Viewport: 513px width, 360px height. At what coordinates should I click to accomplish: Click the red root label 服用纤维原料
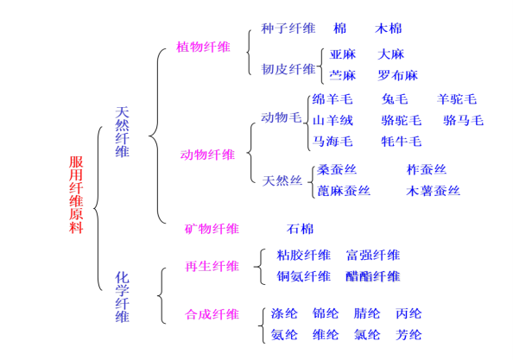tap(76, 194)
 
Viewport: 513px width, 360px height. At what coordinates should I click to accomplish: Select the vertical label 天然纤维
tap(122, 132)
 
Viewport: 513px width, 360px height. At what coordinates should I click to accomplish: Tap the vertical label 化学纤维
tap(122, 297)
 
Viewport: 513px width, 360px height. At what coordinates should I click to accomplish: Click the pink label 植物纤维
tap(203, 47)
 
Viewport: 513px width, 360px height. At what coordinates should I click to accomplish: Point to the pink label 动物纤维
tap(207, 155)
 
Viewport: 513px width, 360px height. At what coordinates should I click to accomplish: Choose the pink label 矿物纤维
tap(212, 229)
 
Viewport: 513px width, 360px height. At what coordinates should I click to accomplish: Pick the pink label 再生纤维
tap(212, 267)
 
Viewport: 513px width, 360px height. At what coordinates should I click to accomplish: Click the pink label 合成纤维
tap(212, 314)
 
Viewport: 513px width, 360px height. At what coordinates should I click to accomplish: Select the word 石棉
tap(300, 229)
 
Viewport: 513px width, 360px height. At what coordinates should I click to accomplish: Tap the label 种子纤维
tap(288, 28)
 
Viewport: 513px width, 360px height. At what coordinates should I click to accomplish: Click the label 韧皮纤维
tap(288, 69)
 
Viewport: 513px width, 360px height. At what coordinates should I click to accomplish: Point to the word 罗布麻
tap(397, 75)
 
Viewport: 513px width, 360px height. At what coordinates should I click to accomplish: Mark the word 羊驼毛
tap(457, 99)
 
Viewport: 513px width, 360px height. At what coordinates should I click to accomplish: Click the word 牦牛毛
tap(402, 142)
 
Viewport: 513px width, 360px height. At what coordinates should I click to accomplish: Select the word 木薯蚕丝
tap(434, 191)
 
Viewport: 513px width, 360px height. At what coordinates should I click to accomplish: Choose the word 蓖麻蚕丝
tap(344, 191)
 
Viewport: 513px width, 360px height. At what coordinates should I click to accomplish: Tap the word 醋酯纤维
tap(373, 276)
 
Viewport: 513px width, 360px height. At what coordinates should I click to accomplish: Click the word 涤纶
tap(284, 313)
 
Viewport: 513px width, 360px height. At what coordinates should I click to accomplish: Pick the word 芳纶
tap(408, 335)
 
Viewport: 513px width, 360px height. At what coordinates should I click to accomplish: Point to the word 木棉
tap(389, 28)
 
